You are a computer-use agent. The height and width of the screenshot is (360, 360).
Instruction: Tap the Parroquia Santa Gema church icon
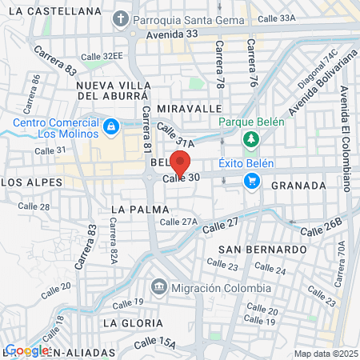click(122, 18)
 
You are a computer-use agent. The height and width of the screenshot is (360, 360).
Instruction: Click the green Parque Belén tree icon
click(251, 140)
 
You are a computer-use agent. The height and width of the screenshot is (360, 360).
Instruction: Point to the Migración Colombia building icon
click(158, 286)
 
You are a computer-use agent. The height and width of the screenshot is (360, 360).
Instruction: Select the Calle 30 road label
click(180, 178)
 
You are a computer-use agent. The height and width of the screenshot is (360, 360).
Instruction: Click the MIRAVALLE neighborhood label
click(189, 107)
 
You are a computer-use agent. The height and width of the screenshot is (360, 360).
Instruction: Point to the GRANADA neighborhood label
click(298, 185)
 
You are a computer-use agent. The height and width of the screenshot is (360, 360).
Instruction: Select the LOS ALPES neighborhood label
click(31, 182)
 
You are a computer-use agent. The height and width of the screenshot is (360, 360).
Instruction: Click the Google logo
click(27, 350)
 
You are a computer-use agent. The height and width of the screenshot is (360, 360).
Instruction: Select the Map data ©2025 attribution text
click(323, 354)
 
